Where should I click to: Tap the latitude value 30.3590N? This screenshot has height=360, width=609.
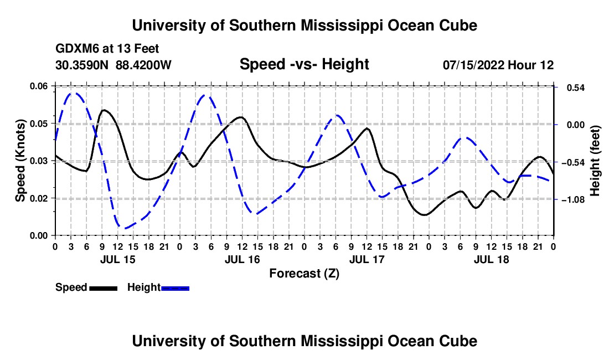click(82, 65)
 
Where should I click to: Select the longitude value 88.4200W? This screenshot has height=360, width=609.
click(143, 65)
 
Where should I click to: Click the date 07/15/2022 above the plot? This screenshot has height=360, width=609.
click(474, 65)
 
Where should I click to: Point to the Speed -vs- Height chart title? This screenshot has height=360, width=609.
click(304, 64)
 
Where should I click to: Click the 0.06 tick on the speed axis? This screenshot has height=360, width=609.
click(39, 86)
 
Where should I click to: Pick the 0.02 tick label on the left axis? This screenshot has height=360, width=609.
click(39, 198)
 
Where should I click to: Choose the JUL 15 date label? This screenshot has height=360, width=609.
click(118, 260)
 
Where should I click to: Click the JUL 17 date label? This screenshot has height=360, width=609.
click(367, 260)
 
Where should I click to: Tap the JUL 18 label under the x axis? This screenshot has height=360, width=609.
click(491, 260)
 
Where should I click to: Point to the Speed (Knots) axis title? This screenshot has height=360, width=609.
click(20, 161)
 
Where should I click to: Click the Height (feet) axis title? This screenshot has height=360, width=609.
click(595, 161)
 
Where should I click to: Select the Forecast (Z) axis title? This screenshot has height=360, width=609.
click(304, 274)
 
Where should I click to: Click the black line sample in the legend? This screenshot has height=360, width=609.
click(104, 288)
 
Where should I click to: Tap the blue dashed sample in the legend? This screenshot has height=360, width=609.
click(175, 288)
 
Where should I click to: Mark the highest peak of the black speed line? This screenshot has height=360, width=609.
click(104, 110)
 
